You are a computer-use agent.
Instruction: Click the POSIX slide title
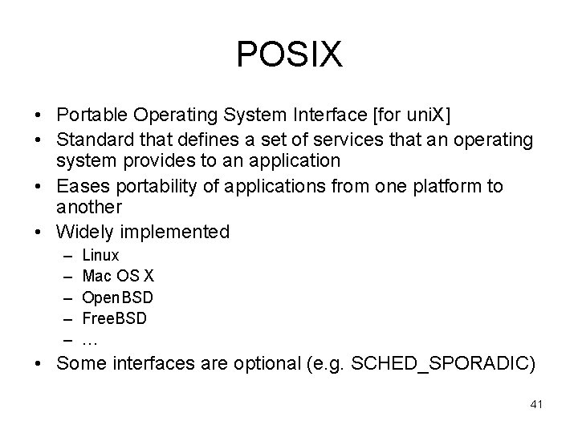[x=289, y=55]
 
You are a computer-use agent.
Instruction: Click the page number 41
[x=536, y=405]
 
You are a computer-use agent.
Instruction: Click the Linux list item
[x=100, y=256]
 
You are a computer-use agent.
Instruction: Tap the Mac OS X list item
[x=118, y=277]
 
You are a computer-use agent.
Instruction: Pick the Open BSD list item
[x=118, y=297]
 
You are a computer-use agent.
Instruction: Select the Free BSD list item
[x=115, y=318]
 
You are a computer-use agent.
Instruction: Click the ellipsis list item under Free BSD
[x=90, y=339]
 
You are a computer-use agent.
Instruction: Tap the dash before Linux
[x=64, y=256]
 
